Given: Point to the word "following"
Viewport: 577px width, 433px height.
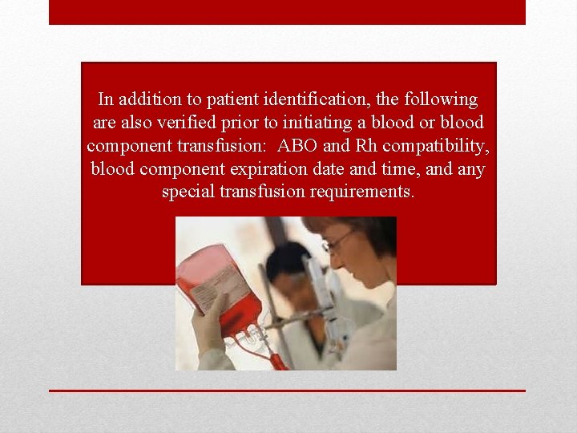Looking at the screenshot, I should [x=440, y=100].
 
